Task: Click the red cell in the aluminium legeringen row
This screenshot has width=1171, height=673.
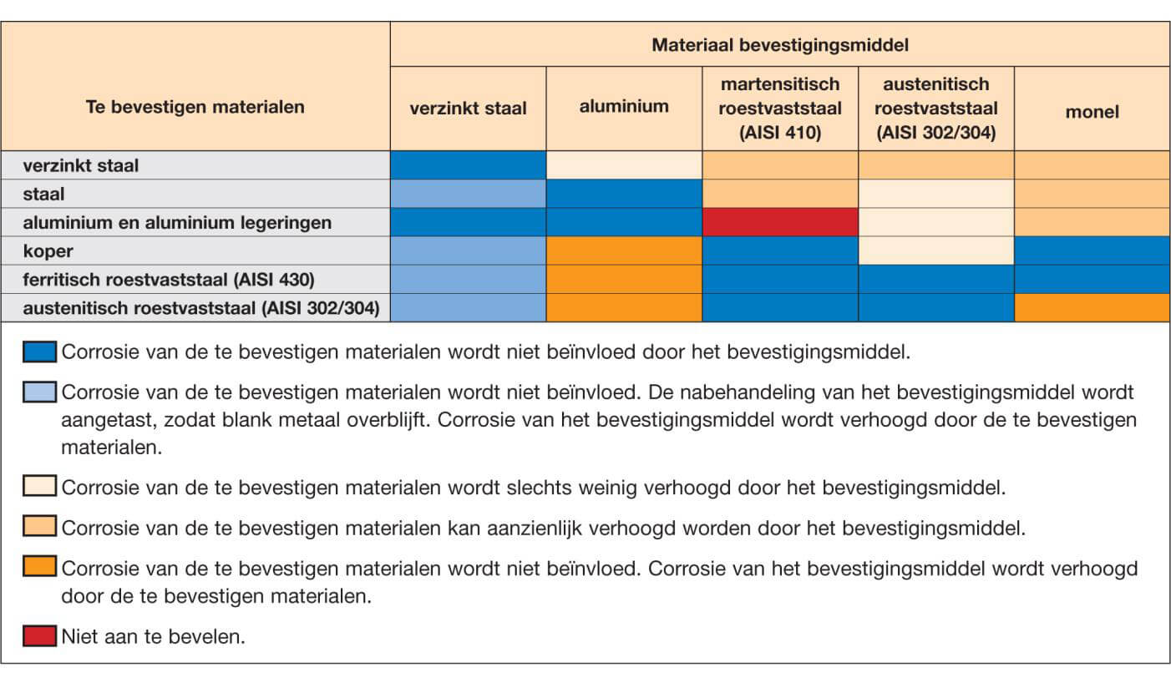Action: point(780,222)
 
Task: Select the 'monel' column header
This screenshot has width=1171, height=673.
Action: point(1092,111)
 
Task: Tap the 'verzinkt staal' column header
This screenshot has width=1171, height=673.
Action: point(468,109)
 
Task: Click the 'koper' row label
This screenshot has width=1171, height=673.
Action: point(48,250)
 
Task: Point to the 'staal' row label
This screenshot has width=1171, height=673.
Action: point(44,194)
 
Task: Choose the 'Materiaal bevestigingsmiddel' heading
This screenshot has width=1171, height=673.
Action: point(780,45)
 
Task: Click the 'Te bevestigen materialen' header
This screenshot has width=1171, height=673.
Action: point(195,107)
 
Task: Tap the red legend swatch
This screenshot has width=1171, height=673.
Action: point(40,636)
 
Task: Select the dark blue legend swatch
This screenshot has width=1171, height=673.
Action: point(40,352)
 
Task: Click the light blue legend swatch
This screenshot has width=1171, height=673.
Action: point(40,392)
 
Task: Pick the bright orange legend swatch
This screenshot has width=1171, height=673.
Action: point(40,566)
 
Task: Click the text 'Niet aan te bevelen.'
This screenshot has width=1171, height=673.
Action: point(153,636)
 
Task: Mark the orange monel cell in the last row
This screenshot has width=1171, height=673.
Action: point(1092,307)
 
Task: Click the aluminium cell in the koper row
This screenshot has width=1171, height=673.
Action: point(624,250)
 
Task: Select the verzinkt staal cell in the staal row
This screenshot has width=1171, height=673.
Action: point(468,194)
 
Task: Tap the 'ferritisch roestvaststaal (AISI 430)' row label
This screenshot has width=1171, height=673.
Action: point(169,280)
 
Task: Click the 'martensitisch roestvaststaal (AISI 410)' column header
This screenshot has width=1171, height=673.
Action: point(780,109)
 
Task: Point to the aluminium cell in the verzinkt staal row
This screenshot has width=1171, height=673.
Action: point(624,165)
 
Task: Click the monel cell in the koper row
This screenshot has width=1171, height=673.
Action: point(1092,250)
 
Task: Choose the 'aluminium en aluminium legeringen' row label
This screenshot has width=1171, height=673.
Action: point(177,223)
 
